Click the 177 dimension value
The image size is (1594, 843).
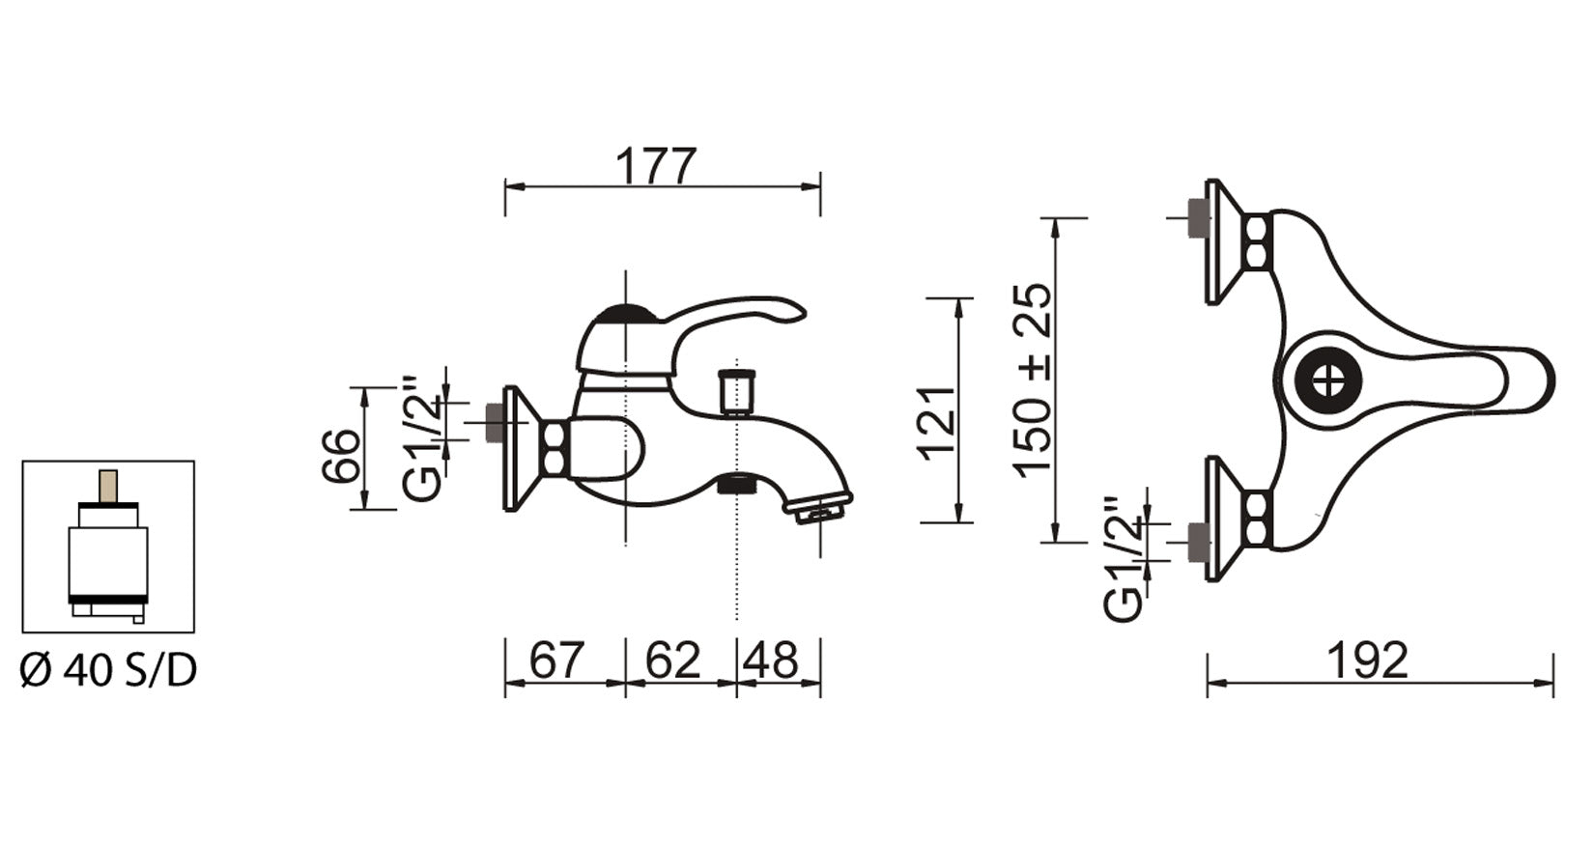655,166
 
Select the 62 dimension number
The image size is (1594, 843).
673,660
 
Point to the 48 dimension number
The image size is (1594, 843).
771,660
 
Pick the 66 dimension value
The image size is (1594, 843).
341,456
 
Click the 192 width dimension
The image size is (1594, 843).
1368,660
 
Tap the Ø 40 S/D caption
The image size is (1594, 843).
108,670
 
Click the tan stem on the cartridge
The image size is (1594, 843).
108,486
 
